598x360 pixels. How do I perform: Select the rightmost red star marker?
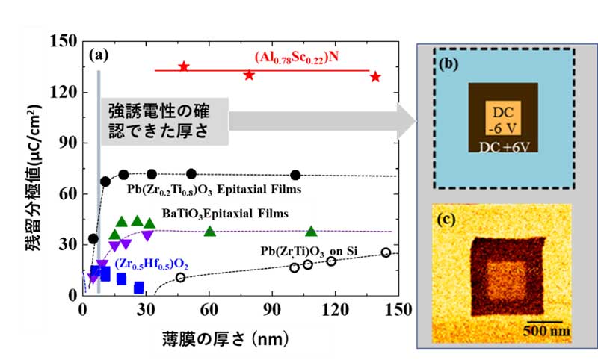point(376,77)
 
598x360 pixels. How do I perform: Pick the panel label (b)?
point(451,66)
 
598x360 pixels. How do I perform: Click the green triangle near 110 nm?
point(311,232)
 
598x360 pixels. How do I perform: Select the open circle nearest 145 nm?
point(386,253)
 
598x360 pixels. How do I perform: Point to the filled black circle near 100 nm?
point(295,175)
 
